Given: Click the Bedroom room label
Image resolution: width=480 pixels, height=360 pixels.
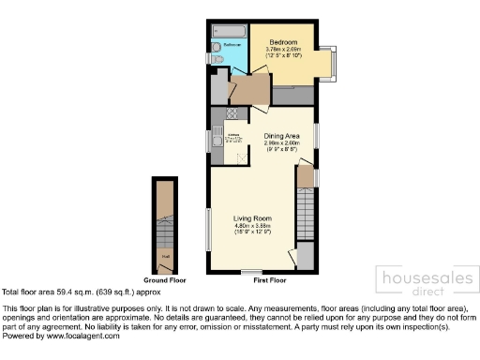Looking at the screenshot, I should click(x=283, y=43).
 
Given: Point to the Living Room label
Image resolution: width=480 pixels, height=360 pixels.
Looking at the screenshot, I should click(x=252, y=217).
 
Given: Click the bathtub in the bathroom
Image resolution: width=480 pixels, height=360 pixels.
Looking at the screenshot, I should click(x=230, y=32).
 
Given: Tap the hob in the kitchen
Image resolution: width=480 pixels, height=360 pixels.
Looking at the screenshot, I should click(x=217, y=115).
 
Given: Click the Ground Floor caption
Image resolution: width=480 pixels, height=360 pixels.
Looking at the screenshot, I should click(x=165, y=280).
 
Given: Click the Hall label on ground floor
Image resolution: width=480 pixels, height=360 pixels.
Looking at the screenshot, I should click(x=165, y=254).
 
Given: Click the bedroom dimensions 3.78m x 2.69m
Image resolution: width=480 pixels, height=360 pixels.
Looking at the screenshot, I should click(x=283, y=51).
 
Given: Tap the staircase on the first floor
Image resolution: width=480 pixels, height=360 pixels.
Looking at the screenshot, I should click(x=305, y=202).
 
